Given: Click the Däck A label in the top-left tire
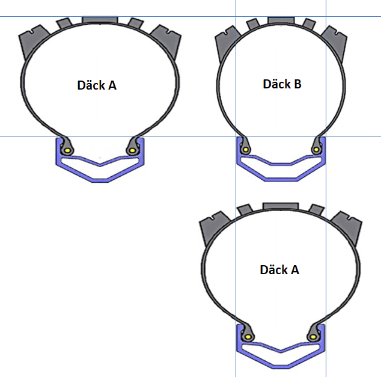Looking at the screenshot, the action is (x=97, y=85).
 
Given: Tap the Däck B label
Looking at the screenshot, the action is (x=282, y=84).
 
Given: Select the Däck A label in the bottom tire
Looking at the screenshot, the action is (x=279, y=270).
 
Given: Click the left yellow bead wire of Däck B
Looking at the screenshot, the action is (x=246, y=150).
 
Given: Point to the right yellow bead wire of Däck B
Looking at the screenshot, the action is (x=316, y=150).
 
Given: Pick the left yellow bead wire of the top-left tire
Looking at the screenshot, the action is (x=68, y=151).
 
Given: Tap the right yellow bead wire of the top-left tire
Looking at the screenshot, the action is (x=132, y=150).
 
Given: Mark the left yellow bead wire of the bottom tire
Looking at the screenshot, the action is (x=248, y=337).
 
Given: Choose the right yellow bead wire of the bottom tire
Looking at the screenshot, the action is (x=314, y=337).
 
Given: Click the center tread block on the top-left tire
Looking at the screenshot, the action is (x=100, y=20).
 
